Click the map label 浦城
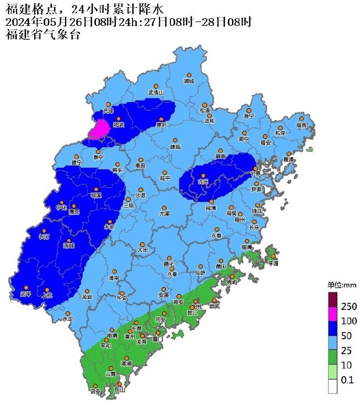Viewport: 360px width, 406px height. [x=189, y=82]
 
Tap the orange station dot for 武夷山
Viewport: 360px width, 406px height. [x=156, y=86]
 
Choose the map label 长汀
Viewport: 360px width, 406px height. [x=44, y=237]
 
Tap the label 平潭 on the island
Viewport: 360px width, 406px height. [x=273, y=264]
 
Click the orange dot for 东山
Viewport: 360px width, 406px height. [x=119, y=384]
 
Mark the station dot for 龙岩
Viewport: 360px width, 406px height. [x=87, y=291]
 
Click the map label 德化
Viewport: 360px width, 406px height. [x=168, y=263]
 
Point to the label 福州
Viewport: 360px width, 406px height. [x=239, y=219]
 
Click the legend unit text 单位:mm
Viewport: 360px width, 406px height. [x=342, y=285]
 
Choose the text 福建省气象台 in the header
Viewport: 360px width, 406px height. [x=42, y=35]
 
